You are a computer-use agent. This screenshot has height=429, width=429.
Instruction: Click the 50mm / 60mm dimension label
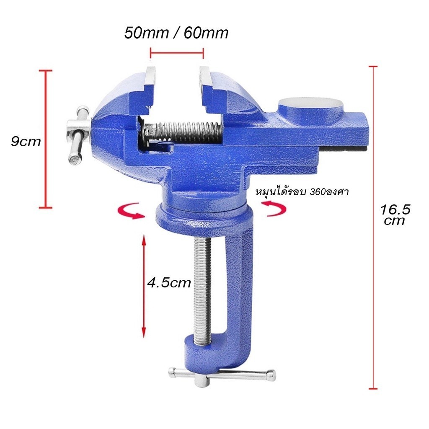pos(176,33)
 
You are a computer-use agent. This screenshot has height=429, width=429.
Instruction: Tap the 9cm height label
pos(26,142)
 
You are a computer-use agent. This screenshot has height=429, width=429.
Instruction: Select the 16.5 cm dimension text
pos(395,215)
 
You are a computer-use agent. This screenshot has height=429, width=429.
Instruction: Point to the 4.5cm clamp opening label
pos(169,282)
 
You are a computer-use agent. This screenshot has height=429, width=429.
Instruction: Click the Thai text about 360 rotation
pos(302,192)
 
